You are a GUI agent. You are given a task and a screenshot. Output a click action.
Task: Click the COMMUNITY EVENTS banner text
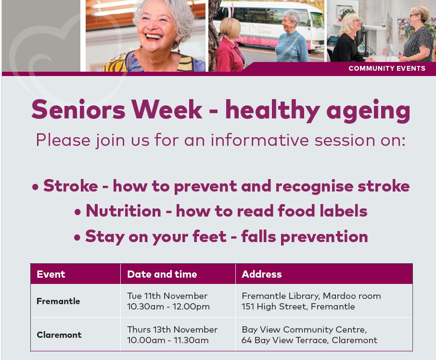387,68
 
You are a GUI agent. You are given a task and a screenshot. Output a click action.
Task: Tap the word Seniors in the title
78,109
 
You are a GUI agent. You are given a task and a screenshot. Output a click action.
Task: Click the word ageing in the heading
368,111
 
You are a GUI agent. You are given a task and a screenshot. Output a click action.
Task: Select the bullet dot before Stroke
35,187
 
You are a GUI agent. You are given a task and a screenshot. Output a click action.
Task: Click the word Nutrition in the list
124,211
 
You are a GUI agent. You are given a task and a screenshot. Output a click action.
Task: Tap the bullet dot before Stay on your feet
77,237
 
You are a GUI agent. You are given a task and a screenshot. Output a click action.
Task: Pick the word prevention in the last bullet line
324,237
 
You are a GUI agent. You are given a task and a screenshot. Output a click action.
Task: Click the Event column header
51,274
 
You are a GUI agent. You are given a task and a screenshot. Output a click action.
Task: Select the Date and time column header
162,274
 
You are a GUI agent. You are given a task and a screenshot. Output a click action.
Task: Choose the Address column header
262,274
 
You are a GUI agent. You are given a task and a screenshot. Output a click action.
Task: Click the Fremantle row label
58,301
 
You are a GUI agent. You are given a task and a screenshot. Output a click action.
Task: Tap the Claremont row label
59,334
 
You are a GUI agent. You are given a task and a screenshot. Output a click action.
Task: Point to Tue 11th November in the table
167,296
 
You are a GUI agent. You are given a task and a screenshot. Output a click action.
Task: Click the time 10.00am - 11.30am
167,340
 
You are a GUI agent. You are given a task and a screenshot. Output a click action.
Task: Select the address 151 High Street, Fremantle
298,307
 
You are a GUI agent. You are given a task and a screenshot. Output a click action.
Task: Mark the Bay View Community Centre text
304,330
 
